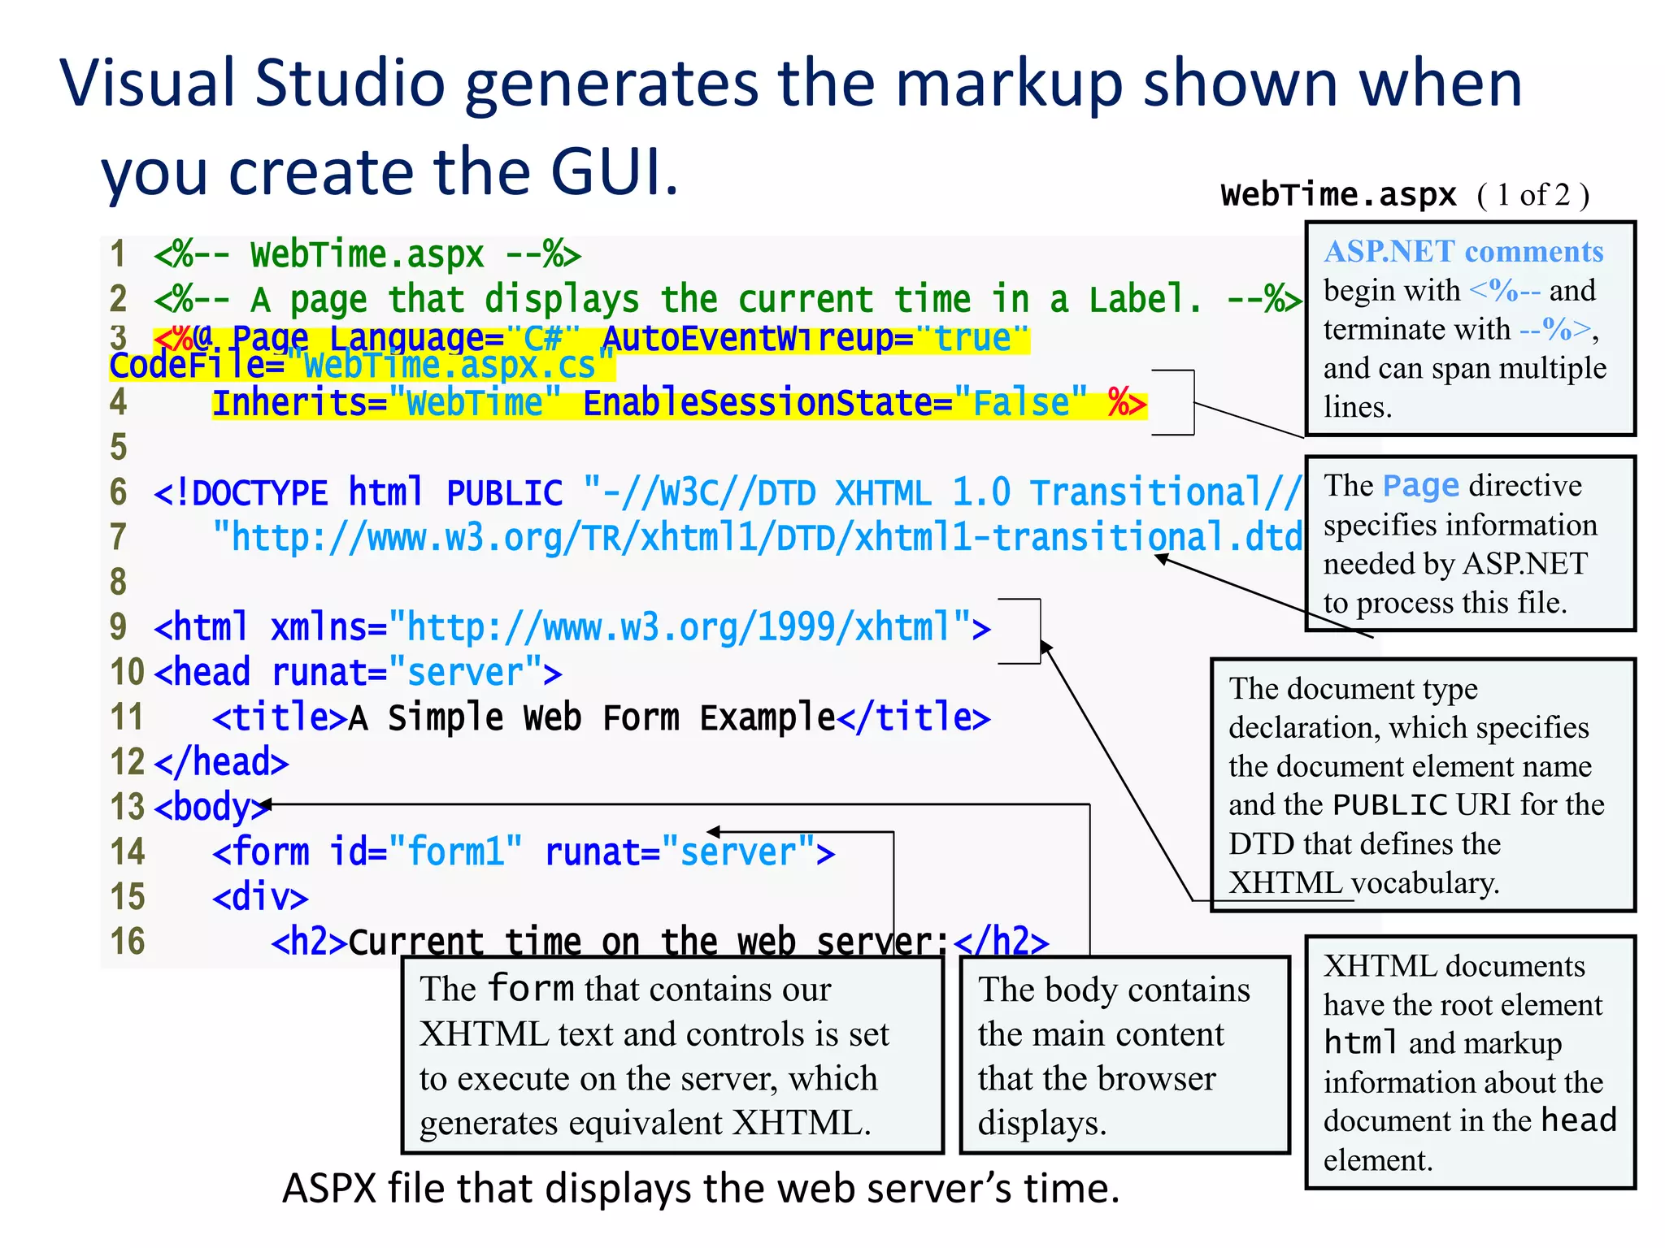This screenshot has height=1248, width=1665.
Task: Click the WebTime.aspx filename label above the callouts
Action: tap(1338, 195)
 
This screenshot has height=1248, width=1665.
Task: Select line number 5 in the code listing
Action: tap(119, 448)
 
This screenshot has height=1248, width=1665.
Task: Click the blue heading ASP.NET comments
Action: tap(1463, 252)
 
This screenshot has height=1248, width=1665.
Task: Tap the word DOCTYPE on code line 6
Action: tap(259, 493)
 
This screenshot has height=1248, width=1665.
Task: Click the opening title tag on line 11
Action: tap(280, 717)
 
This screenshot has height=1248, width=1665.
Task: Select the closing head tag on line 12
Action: tap(221, 763)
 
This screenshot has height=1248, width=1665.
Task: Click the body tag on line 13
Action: tap(210, 808)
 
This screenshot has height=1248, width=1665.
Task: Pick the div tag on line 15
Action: tap(260, 898)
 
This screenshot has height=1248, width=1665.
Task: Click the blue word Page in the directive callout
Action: tap(1420, 486)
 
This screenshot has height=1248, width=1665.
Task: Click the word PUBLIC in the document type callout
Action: tap(1390, 805)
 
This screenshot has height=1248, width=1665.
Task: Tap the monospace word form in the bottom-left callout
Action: tap(531, 989)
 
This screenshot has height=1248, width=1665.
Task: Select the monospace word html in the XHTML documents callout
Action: tap(1361, 1043)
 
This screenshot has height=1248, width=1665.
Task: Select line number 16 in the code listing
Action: tap(127, 942)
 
